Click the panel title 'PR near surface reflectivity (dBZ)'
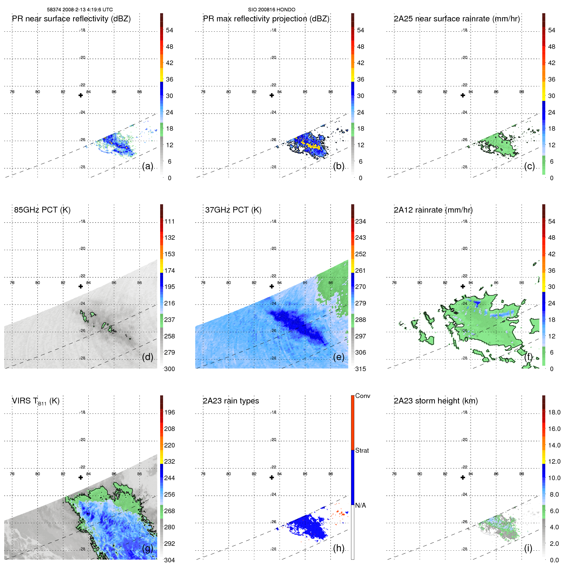[x=71, y=19]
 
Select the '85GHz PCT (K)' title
[x=42, y=210]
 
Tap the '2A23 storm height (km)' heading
[x=436, y=401]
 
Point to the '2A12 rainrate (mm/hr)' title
[x=433, y=210]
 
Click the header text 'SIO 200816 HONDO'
[x=271, y=10]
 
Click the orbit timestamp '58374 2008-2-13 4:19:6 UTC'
[x=80, y=10]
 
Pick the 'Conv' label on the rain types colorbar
[x=362, y=396]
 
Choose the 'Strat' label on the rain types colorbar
[x=362, y=450]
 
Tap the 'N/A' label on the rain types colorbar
[x=360, y=505]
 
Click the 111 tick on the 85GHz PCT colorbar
[x=169, y=221]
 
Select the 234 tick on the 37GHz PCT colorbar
[x=360, y=221]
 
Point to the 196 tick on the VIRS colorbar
[x=169, y=412]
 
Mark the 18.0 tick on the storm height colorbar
[x=554, y=412]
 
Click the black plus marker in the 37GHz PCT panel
[x=272, y=286]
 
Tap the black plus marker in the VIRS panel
[x=81, y=478]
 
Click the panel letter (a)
[x=148, y=166]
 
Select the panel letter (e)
[x=338, y=357]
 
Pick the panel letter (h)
[x=338, y=548]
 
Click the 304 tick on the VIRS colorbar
[x=169, y=560]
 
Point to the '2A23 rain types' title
[x=231, y=401]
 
